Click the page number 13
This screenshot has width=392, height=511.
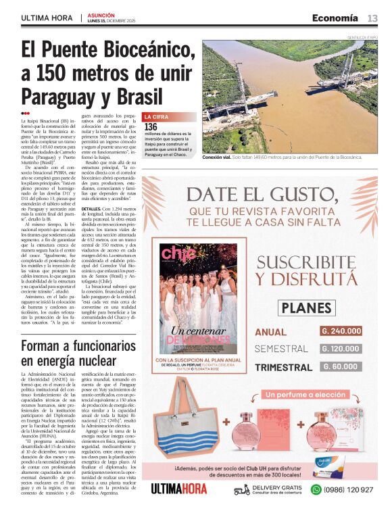372,18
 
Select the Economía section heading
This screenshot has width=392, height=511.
335,18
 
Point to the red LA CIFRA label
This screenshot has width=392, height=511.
157,117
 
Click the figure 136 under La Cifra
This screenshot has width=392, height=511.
151,126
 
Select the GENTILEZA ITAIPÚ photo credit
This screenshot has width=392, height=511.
362,38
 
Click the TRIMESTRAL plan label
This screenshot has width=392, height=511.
283,367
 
